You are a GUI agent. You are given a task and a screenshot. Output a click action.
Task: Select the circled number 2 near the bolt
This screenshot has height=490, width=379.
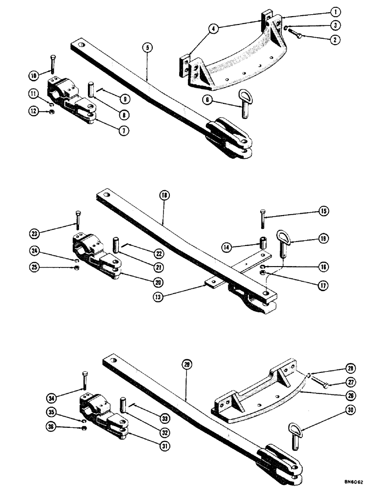(x=335, y=40)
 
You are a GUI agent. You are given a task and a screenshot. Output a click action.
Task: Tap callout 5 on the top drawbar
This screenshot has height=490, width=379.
(x=147, y=48)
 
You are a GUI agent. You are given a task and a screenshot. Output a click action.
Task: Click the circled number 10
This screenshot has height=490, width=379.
(x=33, y=75)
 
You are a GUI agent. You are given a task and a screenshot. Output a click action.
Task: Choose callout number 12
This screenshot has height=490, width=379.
(x=33, y=112)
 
